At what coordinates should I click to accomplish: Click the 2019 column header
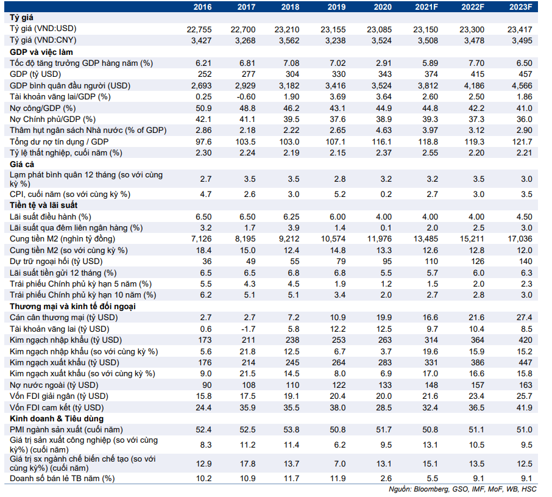336,7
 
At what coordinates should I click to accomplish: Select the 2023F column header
520,7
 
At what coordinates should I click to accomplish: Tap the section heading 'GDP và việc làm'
41,52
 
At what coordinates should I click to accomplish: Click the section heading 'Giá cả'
22,164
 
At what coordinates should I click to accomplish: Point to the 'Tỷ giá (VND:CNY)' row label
43,40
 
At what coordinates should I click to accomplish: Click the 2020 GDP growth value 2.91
383,63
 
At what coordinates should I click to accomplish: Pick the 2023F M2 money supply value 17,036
520,239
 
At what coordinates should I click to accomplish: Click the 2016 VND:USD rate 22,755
199,30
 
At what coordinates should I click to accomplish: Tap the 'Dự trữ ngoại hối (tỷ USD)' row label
56,262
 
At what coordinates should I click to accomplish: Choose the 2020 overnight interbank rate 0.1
386,228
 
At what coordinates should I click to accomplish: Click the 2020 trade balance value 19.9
384,317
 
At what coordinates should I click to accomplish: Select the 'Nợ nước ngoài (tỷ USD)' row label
54,385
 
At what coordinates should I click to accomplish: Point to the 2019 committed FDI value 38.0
338,407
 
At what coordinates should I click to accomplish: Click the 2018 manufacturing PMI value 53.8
291,430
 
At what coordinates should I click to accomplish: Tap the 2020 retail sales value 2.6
386,478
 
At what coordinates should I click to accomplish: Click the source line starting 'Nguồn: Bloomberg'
462,489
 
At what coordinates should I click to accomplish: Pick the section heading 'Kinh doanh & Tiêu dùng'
57,419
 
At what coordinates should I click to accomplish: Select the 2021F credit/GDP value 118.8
428,141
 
